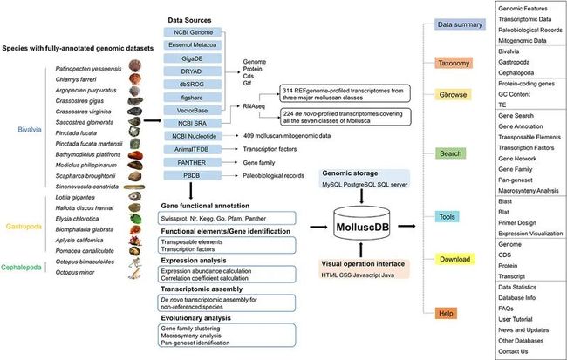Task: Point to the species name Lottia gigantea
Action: pos(72,198)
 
